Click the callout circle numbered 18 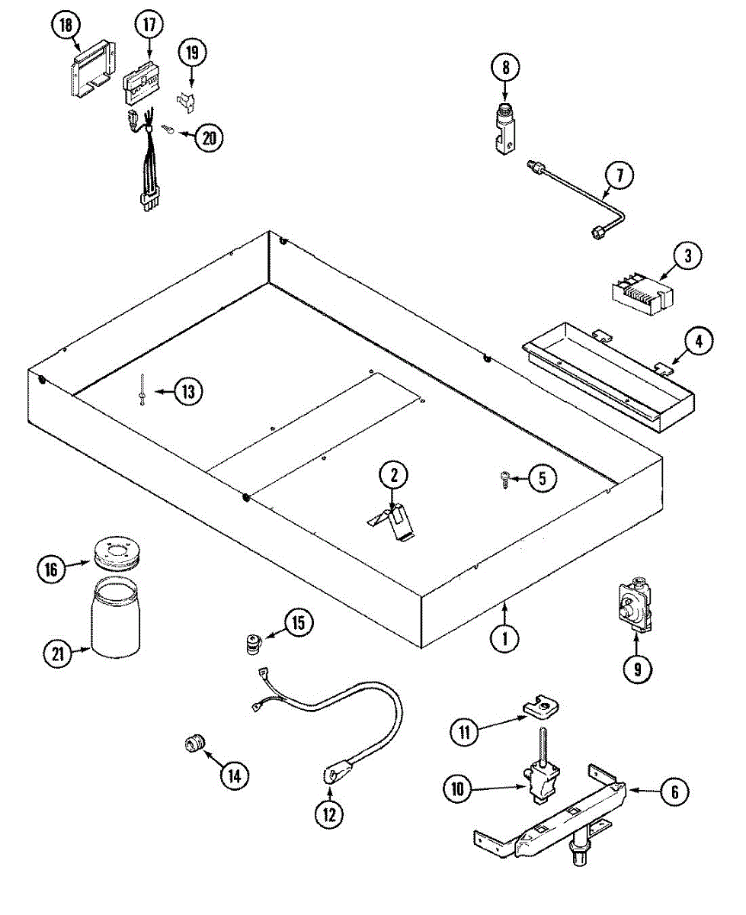[66, 26]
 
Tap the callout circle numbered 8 [504, 68]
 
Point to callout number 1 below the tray [504, 637]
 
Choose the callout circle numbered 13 [187, 392]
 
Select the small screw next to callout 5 [505, 477]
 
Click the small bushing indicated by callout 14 [196, 741]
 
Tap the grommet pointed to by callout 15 [250, 643]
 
